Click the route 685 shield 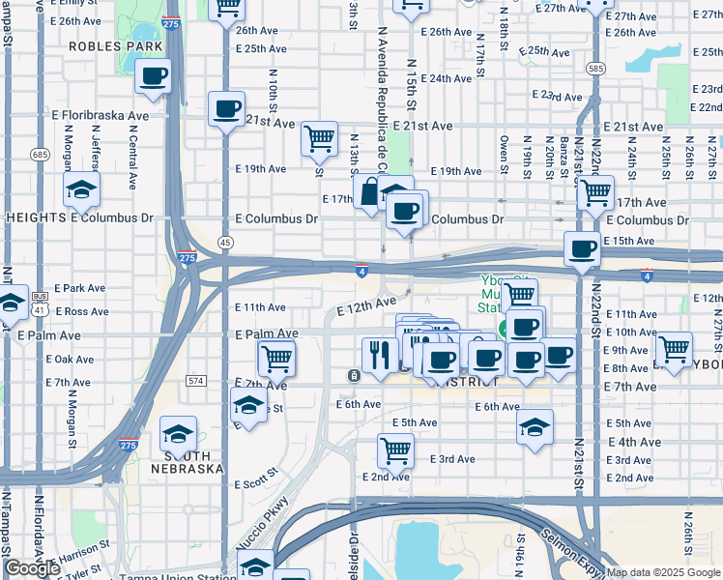tap(40, 154)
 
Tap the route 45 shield tap(224, 242)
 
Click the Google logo tap(32, 568)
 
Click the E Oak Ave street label tap(70, 359)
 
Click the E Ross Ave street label tap(82, 311)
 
